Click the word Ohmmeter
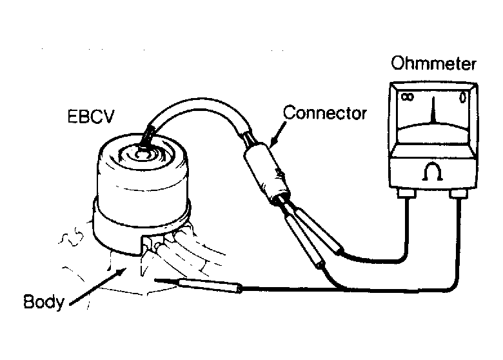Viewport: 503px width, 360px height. [x=433, y=63]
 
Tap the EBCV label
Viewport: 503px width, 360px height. [x=91, y=117]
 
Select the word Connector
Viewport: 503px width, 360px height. [x=324, y=113]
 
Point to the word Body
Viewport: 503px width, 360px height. [x=44, y=302]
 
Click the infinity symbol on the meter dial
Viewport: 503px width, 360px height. [x=408, y=97]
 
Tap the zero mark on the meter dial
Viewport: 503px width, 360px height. [x=462, y=97]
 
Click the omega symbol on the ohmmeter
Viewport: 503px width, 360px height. [x=433, y=172]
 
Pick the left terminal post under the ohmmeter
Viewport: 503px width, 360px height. [x=407, y=193]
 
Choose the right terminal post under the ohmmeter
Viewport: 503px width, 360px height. [x=458, y=193]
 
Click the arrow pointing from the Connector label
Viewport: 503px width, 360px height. [x=278, y=134]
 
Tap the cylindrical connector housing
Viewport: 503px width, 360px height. [x=267, y=174]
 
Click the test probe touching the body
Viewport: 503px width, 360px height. [x=198, y=285]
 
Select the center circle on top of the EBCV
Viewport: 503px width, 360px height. [x=140, y=155]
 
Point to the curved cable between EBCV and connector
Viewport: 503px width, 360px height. [x=199, y=105]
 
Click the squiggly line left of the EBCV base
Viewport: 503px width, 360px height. [x=72, y=237]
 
